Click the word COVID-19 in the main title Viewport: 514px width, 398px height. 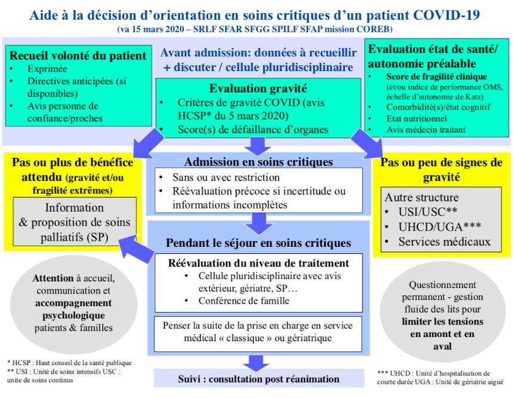446,15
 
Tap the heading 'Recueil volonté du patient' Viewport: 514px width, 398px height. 78,56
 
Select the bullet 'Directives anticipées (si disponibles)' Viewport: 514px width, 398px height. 76,87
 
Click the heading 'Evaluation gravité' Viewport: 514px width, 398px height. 258,88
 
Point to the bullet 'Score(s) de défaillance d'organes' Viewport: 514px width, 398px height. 253,130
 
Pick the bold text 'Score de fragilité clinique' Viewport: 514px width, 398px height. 436,76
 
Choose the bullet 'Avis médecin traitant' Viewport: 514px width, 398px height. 426,130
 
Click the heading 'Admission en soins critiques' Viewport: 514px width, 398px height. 258,162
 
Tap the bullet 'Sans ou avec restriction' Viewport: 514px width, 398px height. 226,177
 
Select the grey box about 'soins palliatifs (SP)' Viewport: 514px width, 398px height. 75,222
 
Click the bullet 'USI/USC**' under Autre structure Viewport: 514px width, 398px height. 428,212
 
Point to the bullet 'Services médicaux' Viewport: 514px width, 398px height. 444,242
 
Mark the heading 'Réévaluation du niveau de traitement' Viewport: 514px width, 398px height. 258,263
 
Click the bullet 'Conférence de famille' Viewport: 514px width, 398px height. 244,301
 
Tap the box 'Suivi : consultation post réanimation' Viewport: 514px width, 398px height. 259,378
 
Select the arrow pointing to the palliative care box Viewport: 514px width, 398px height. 136,249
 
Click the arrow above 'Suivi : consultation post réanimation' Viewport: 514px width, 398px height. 256,363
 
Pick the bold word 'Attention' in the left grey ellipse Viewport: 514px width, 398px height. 53,278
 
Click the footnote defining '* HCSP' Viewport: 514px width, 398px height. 69,363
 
